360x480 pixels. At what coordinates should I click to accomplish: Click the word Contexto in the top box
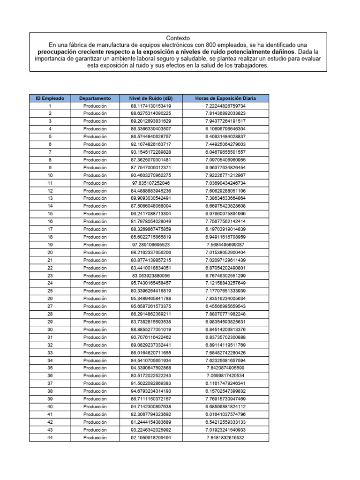tap(178, 38)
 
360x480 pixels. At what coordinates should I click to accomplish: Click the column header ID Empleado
tap(50, 98)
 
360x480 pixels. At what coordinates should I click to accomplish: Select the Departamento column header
tap(95, 98)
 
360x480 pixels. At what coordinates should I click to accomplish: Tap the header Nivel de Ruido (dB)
tap(151, 98)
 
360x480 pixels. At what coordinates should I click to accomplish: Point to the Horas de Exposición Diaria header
tap(225, 98)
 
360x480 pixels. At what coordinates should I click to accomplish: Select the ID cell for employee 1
tap(50, 106)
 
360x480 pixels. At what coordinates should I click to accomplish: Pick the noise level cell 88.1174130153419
tap(151, 106)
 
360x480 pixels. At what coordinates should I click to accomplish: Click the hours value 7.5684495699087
tap(225, 245)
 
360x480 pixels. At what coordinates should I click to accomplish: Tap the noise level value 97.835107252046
tap(151, 183)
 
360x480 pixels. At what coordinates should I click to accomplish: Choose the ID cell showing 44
tap(50, 438)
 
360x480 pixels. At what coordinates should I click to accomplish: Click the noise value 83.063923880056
tap(151, 276)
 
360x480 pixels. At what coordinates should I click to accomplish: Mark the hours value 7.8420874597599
tap(225, 368)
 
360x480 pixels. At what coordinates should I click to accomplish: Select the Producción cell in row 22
tap(95, 268)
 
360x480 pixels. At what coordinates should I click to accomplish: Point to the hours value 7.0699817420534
tap(225, 376)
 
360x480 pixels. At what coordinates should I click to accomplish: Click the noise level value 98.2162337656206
tap(151, 253)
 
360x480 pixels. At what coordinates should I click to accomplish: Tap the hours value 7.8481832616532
tap(225, 438)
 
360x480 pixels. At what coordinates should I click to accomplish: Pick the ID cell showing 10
tap(50, 175)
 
